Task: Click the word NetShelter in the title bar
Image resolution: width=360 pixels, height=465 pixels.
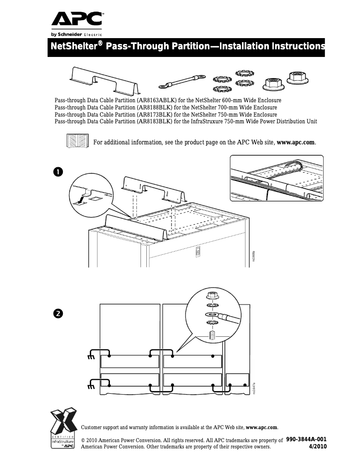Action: coord(74,47)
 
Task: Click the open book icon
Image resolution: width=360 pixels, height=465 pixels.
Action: coord(77,141)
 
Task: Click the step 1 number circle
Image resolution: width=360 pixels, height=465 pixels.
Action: coord(58,172)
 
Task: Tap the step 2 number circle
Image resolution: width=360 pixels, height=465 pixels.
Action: coord(58,313)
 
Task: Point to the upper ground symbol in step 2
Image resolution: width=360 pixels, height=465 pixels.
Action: coord(91,357)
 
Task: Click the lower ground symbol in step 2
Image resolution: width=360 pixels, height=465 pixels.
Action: coord(91,387)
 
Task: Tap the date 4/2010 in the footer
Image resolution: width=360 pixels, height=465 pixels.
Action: coord(318,447)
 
